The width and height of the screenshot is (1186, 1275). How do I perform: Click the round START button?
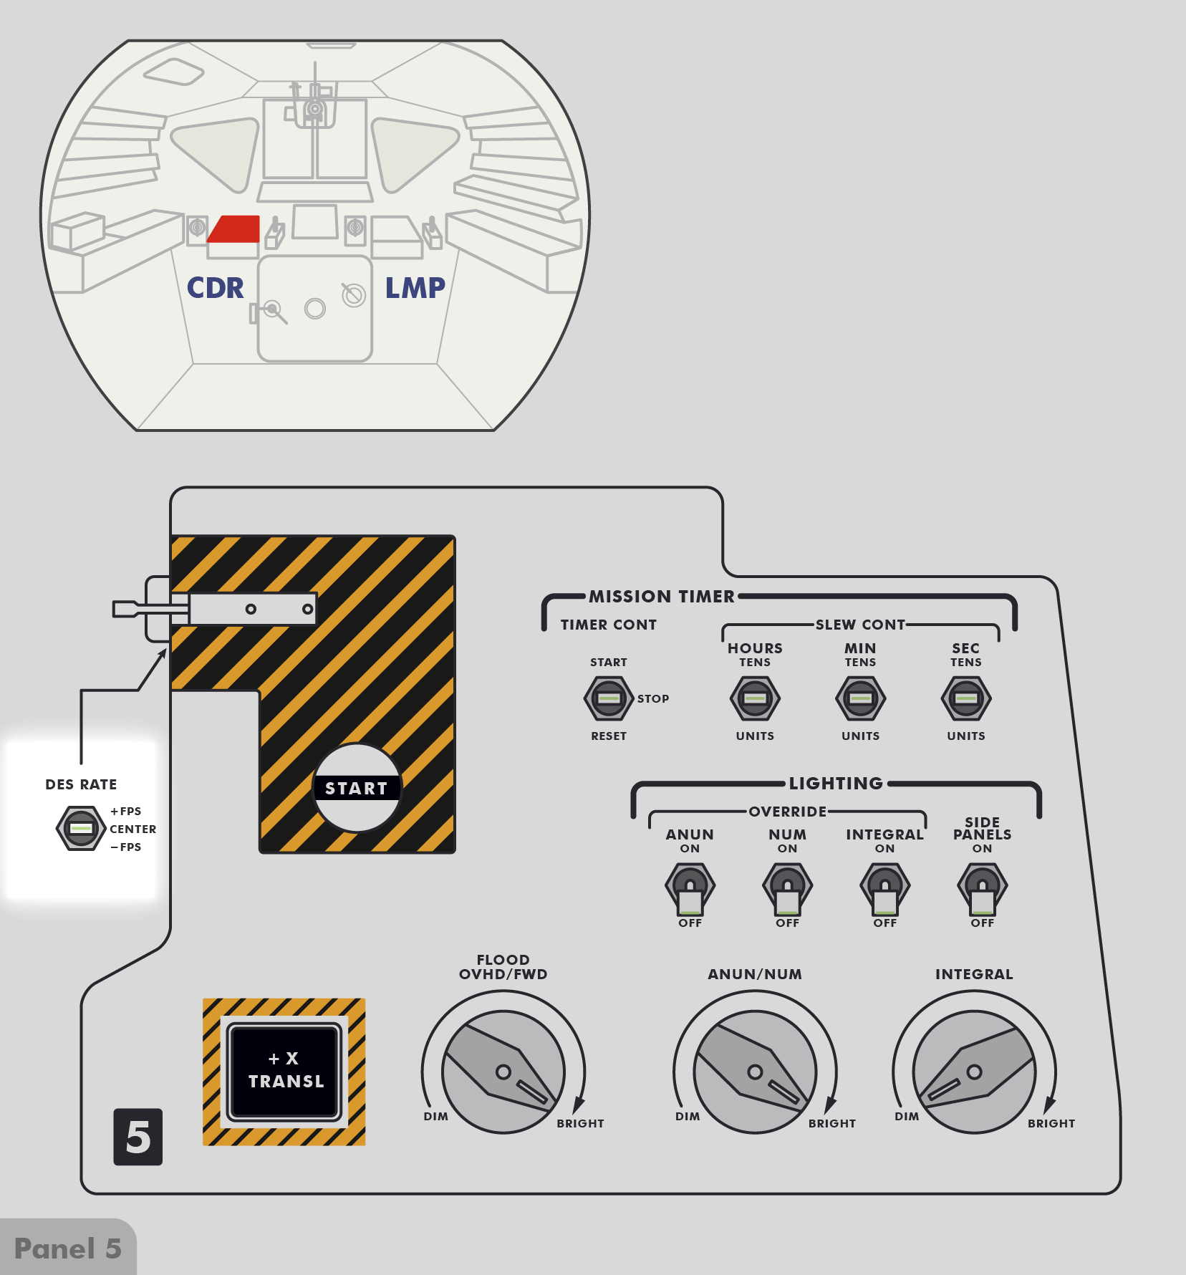pyautogui.click(x=357, y=788)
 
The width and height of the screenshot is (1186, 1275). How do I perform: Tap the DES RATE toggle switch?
pyautogui.click(x=81, y=828)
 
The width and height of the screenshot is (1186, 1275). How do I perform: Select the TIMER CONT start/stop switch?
pyautogui.click(x=609, y=698)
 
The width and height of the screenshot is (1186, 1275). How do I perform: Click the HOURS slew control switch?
pyautogui.click(x=755, y=698)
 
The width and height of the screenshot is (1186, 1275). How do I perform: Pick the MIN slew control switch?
pyautogui.click(x=860, y=698)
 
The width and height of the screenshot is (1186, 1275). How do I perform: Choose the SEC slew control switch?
pyautogui.click(x=965, y=698)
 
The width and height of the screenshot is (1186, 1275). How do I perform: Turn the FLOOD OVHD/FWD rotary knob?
pyautogui.click(x=503, y=1072)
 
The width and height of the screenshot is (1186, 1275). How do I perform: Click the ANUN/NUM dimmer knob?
pyautogui.click(x=755, y=1072)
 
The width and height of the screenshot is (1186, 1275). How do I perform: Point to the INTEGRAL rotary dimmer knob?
pyautogui.click(x=974, y=1072)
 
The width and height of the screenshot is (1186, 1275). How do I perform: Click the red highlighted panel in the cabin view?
pyautogui.click(x=235, y=229)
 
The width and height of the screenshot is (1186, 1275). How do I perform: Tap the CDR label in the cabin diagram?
pyautogui.click(x=215, y=288)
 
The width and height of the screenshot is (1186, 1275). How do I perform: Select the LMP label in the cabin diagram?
pyautogui.click(x=415, y=288)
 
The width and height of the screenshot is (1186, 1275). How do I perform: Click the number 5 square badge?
pyautogui.click(x=138, y=1137)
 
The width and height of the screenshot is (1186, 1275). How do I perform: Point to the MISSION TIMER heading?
pyautogui.click(x=662, y=596)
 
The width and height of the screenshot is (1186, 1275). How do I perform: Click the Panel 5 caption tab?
pyautogui.click(x=67, y=1248)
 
